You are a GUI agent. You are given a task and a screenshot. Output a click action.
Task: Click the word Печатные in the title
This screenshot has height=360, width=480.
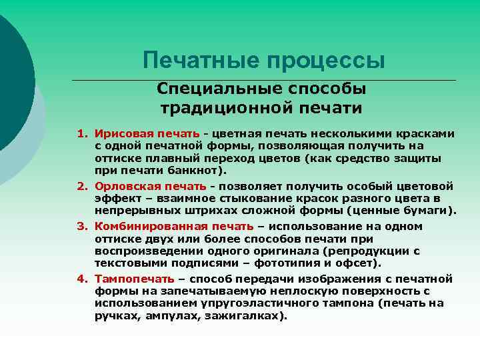(201, 61)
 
